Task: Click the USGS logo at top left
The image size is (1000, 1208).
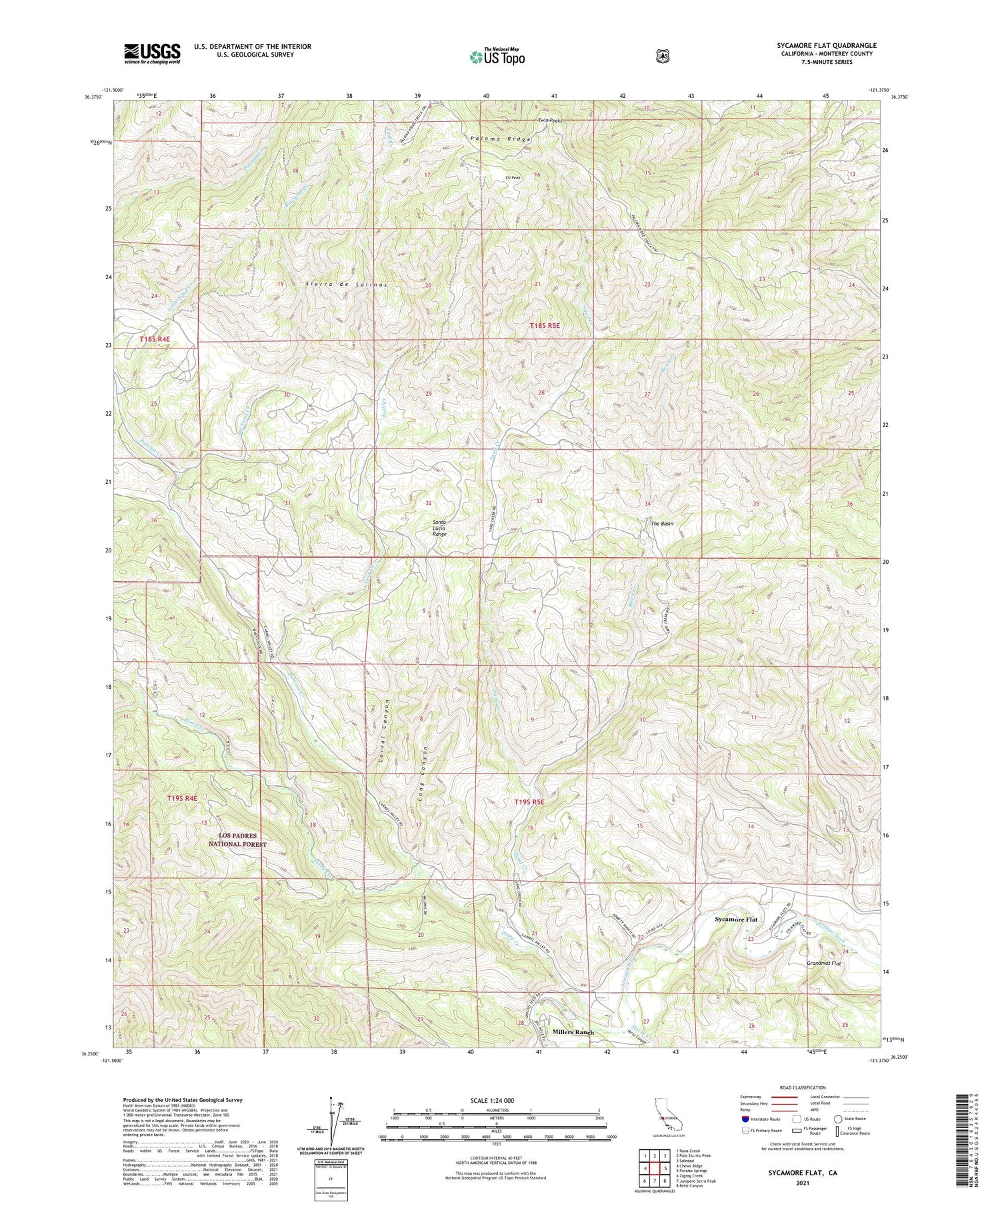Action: click(x=152, y=53)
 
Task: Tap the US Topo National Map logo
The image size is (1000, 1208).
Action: click(x=496, y=56)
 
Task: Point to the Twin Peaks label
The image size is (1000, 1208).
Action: click(x=551, y=121)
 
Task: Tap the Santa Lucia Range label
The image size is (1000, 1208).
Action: click(x=439, y=528)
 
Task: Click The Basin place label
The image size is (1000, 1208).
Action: click(x=662, y=524)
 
